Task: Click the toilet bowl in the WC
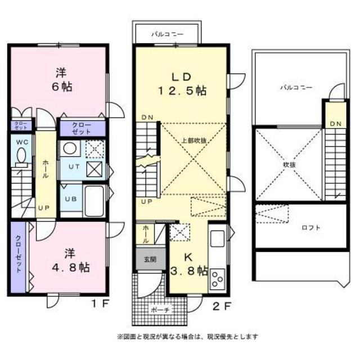pos(22,156)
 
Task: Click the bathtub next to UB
pos(94,200)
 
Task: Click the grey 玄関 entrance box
pos(146,259)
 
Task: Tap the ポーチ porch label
pos(159,310)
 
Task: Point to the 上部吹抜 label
pos(192,140)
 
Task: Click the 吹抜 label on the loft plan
pos(289,165)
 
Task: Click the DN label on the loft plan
pos(335,124)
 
